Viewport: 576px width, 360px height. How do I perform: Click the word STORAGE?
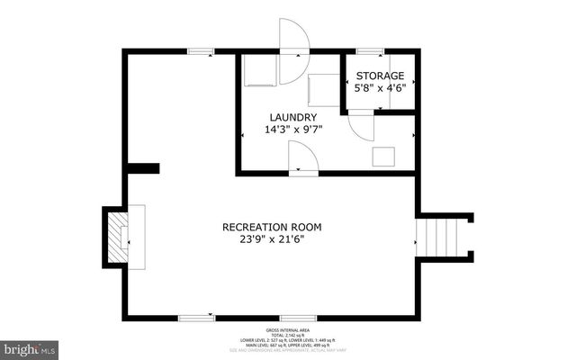380,76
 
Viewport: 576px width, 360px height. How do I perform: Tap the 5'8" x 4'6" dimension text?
380,88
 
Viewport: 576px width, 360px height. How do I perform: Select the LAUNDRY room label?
293,117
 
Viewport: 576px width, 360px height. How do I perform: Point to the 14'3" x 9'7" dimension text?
293,130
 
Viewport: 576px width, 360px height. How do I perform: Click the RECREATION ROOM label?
272,227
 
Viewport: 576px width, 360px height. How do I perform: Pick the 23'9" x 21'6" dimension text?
272,239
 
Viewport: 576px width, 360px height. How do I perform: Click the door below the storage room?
360,123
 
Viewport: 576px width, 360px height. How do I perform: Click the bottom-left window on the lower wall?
196,317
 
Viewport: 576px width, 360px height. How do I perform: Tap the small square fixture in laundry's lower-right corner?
384,156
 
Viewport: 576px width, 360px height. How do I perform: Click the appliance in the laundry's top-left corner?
261,69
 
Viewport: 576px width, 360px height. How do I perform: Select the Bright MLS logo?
30,347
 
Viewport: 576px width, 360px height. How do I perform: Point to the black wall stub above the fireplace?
143,168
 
